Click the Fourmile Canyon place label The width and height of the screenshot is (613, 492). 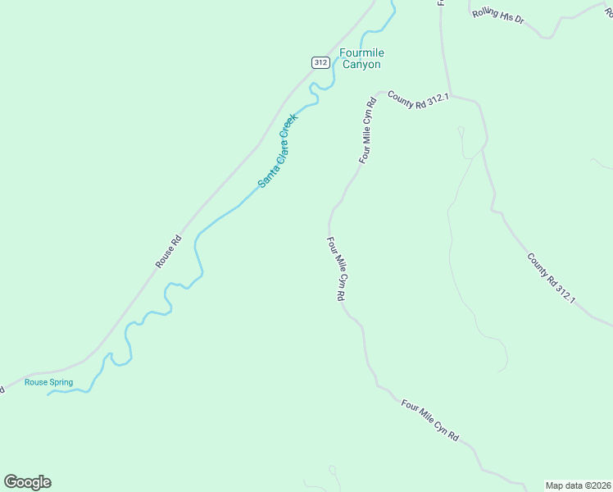click(x=362, y=58)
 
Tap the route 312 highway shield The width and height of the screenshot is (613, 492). click(x=320, y=62)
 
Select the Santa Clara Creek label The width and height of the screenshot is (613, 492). click(x=278, y=150)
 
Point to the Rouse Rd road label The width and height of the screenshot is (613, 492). click(x=168, y=252)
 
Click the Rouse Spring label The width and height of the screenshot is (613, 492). click(x=48, y=382)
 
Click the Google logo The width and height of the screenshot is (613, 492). click(x=27, y=482)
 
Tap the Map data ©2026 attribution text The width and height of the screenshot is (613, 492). click(x=579, y=485)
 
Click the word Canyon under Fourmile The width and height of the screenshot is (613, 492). click(x=362, y=64)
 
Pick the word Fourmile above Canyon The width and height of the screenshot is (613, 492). click(x=362, y=53)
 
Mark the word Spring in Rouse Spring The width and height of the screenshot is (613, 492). click(x=61, y=382)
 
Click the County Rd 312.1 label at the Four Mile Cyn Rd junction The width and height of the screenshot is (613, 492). click(x=419, y=97)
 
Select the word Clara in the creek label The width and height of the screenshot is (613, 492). click(x=276, y=153)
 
